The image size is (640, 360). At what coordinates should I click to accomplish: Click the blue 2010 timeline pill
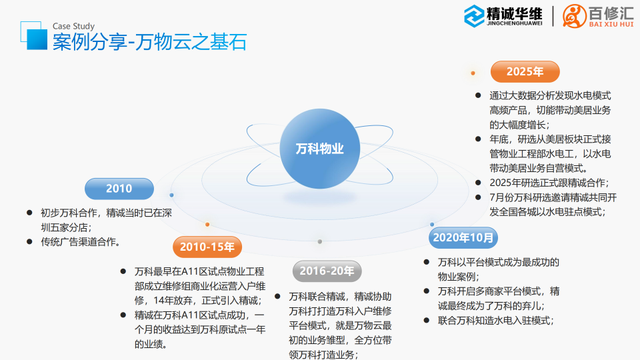coord(119,189)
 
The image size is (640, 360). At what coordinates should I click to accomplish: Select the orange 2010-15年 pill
coord(207,247)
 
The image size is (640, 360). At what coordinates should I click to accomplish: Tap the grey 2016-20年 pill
coord(327,271)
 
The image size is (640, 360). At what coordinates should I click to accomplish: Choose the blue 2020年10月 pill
coord(464,237)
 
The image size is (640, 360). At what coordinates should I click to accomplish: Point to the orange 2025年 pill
coord(525,71)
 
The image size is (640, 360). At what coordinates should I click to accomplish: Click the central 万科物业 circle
coord(320,149)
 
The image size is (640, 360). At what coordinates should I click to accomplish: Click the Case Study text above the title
coord(73,27)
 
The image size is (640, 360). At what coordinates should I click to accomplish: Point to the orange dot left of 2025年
coord(473,72)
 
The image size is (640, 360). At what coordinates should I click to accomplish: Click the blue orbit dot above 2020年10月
coord(432,225)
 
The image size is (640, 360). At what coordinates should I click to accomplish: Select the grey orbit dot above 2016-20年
coord(320,241)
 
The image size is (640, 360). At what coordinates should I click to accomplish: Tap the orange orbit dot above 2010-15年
coord(207,225)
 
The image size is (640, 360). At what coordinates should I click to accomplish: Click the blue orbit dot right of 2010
coord(171,195)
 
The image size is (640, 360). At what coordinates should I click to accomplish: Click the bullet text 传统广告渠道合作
coord(81,241)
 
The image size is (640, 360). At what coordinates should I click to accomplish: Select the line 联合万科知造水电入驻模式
coord(495,321)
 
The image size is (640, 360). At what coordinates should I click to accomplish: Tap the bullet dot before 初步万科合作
coord(29,212)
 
